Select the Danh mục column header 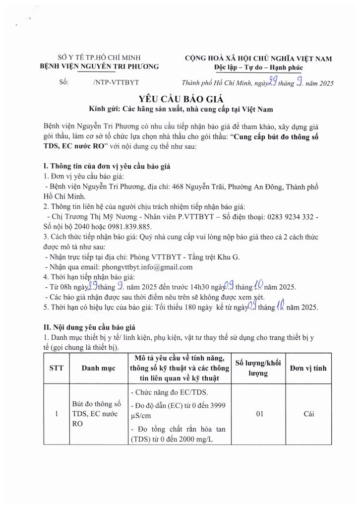click(98, 368)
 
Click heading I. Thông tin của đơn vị click(107, 166)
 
